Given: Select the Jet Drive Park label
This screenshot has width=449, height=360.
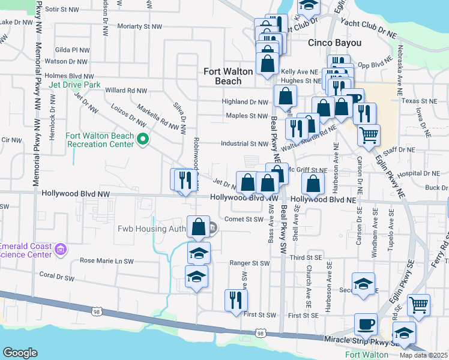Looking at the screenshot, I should click(x=75, y=85).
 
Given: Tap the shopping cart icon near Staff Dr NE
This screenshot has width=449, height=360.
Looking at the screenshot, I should click(x=369, y=134).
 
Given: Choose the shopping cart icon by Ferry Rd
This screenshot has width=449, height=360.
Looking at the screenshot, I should click(x=418, y=304).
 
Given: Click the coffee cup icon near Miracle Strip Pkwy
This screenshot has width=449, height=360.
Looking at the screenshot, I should click(x=366, y=325).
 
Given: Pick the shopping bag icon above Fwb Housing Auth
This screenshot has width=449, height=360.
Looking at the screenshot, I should click(x=199, y=227).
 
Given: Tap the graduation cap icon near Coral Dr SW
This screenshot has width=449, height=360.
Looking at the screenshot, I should click(x=196, y=278).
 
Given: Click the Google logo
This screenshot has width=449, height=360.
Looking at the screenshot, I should click(x=20, y=352).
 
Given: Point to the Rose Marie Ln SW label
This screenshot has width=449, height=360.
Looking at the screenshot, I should click(x=107, y=262).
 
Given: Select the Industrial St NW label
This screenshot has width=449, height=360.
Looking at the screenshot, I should click(x=244, y=144).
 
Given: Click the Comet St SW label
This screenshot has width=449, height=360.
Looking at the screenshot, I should click(x=244, y=220).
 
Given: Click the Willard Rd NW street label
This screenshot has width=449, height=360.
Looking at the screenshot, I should click(x=126, y=91).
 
